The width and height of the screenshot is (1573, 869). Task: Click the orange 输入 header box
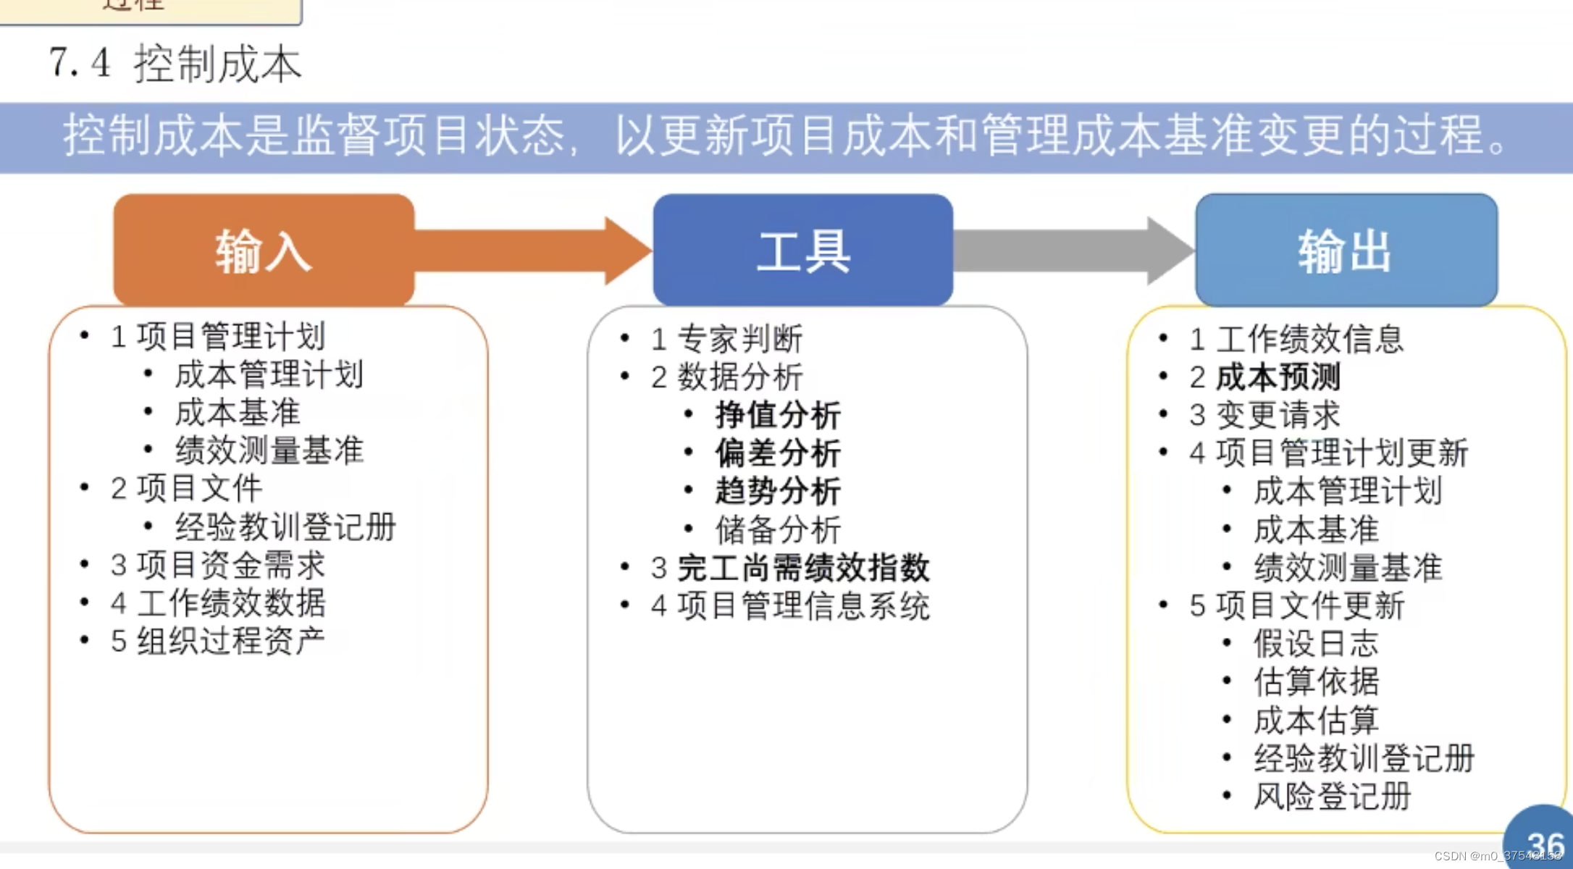point(264,250)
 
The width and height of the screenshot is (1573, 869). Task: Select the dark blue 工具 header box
point(802,250)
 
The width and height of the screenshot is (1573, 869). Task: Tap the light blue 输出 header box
point(1346,250)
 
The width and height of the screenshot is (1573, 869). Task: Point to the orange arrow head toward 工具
point(627,251)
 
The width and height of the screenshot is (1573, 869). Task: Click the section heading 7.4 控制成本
point(175,64)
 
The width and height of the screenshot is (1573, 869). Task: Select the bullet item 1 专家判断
point(726,339)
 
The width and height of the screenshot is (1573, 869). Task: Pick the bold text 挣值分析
point(778,416)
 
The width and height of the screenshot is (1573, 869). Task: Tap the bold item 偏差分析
point(778,453)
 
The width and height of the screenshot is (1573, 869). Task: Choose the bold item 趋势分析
point(778,492)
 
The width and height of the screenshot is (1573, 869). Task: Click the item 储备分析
point(778,530)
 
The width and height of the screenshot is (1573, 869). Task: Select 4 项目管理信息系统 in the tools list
point(790,606)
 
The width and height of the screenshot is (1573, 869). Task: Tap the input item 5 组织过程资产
point(218,641)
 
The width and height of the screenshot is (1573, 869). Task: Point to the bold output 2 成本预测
point(1264,377)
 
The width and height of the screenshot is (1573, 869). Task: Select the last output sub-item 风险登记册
point(1333,797)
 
